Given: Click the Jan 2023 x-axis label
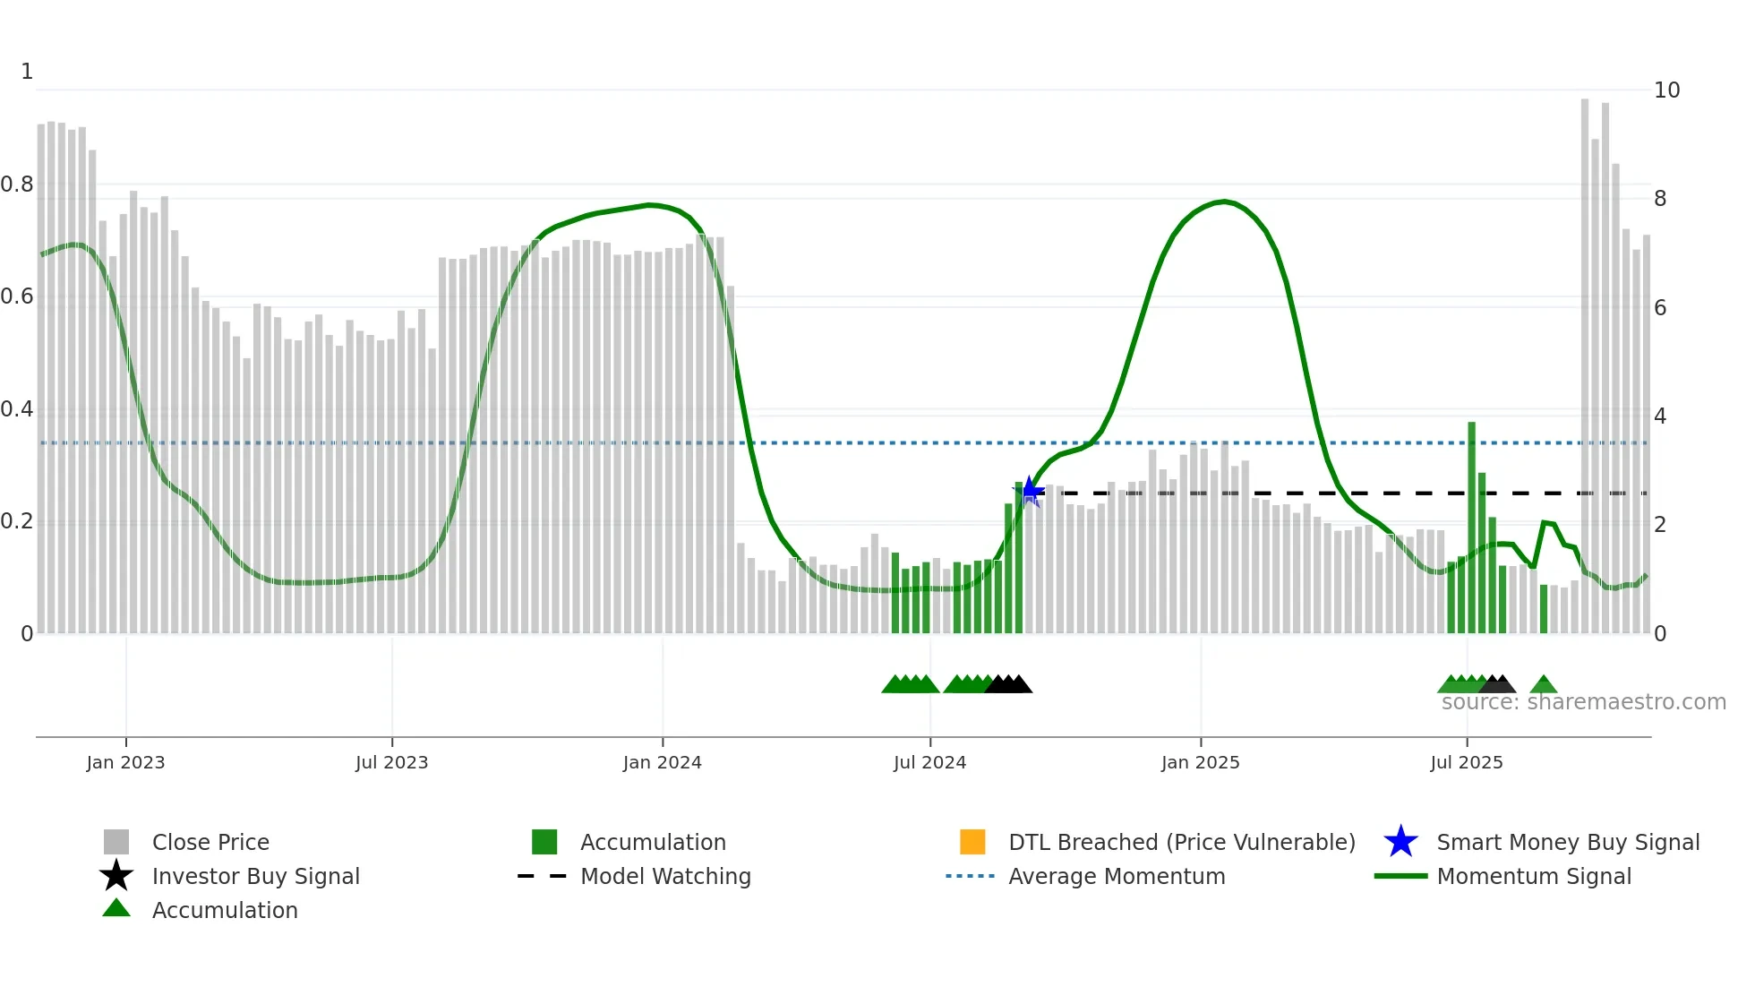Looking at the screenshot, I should [x=125, y=762].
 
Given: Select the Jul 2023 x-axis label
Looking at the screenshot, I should [x=391, y=762].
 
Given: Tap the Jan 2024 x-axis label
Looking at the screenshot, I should [x=662, y=762].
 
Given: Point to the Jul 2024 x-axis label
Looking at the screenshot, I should [x=929, y=762].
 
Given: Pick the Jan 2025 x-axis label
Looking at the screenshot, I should [x=1200, y=762].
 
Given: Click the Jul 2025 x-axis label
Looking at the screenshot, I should [x=1466, y=762].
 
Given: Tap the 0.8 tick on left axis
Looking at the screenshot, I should [x=17, y=185].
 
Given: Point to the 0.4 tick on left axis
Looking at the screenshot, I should [x=17, y=409].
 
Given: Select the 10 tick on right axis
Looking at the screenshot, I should [x=1666, y=90].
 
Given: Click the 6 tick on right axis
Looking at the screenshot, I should [x=1660, y=308].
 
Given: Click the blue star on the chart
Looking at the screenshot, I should [x=1030, y=491].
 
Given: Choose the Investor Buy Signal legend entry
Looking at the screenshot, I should [x=255, y=876].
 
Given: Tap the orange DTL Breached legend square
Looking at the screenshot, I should [x=972, y=842].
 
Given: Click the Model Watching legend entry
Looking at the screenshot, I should [x=665, y=876].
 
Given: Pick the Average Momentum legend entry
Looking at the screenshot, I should [x=1116, y=876].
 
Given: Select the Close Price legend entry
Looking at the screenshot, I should [x=210, y=842].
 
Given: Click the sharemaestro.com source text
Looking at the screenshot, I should [x=1583, y=702].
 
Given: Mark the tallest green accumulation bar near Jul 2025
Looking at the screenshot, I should [x=1471, y=528].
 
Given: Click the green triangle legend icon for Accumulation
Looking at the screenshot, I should [x=116, y=908].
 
